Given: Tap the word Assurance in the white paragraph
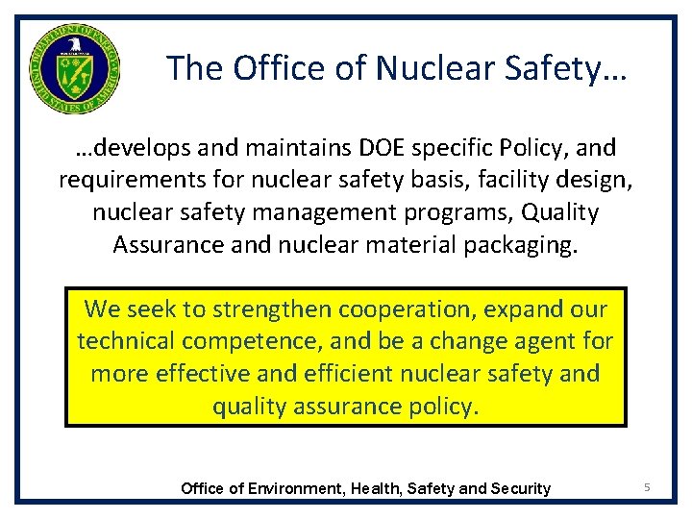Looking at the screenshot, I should tap(167, 243).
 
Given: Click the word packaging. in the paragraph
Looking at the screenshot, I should tap(519, 243).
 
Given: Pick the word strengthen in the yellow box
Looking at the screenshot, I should tap(272, 309).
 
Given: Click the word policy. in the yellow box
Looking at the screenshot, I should tap(435, 405).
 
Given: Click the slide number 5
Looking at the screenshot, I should tap(647, 488).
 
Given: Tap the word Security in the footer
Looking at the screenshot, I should tap(521, 488).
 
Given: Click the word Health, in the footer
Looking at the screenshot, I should tap(376, 488).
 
